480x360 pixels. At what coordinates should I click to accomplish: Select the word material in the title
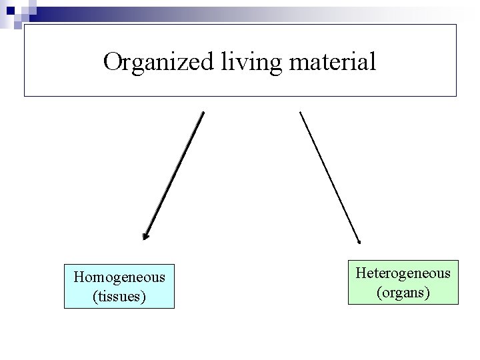coord(328,62)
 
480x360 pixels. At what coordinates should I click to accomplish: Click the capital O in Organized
coord(113,62)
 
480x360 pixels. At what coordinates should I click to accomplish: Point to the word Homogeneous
coord(119,277)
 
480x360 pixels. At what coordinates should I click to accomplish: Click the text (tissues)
coord(119,295)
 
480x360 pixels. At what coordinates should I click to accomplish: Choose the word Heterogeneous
coord(403,273)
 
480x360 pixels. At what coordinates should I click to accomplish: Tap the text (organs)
coord(403,291)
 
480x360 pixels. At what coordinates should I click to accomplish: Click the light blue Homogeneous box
coord(119,286)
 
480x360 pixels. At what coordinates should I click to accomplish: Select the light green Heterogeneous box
coord(403,282)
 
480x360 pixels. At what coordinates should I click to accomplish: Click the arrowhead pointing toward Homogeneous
coord(146,235)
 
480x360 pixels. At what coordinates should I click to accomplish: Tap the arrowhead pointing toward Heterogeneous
coord(359,241)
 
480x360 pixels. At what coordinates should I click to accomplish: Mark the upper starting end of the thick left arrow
coord(203,113)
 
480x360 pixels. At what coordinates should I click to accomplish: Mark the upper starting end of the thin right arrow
coord(301,113)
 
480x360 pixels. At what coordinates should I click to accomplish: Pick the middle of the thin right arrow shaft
coord(330,177)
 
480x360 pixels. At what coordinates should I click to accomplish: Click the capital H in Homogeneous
coord(79,277)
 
